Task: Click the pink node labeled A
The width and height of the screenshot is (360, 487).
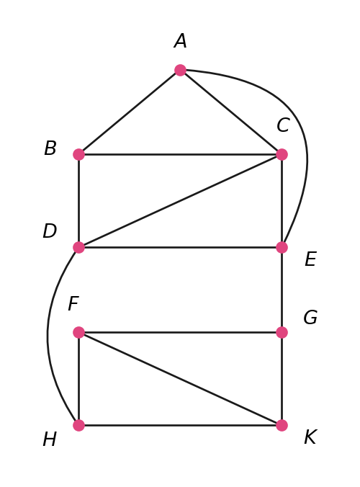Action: (180, 70)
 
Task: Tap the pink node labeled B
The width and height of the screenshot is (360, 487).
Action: (78, 154)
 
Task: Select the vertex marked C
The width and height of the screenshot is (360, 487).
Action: (282, 154)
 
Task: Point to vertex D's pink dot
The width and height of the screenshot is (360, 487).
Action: (78, 248)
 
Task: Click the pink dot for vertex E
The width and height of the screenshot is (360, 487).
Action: (282, 248)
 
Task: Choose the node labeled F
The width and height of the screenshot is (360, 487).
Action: (78, 332)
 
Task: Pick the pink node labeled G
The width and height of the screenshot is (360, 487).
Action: (282, 332)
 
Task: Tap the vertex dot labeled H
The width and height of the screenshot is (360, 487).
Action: (78, 425)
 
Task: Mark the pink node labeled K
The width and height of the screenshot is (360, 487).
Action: (282, 425)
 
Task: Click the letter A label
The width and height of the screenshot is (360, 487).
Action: (180, 41)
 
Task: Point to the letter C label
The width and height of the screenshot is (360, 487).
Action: (283, 125)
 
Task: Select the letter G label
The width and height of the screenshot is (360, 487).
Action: (310, 318)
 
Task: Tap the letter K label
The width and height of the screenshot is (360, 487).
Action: (310, 437)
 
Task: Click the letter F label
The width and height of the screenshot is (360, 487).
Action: (73, 303)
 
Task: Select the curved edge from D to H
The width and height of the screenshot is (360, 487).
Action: (48, 336)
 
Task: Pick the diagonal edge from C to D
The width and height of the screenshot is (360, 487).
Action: (180, 201)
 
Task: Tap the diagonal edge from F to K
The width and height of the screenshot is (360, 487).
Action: (180, 379)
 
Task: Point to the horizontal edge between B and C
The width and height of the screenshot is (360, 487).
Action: (180, 154)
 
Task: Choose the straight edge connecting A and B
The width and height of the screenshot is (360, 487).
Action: (130, 112)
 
